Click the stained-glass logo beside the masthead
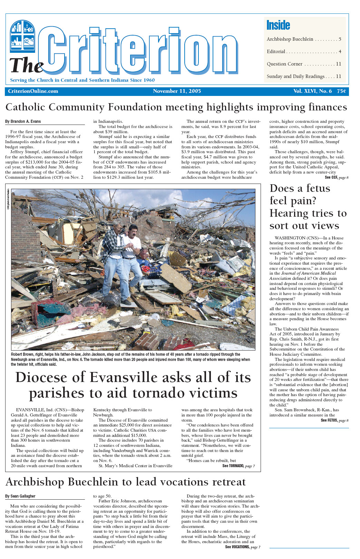[x=22, y=36]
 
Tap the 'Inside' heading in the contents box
[x=278, y=25]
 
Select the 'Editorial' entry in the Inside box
[x=276, y=52]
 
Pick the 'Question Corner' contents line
[x=284, y=64]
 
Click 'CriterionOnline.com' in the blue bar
[x=33, y=91]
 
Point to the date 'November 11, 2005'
[x=177, y=91]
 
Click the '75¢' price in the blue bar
[x=341, y=91]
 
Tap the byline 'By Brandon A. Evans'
[x=23, y=121]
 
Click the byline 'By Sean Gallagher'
[x=20, y=496]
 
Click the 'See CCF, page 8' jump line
[x=337, y=177]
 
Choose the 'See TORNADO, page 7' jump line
[x=239, y=466]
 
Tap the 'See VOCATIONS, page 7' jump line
[x=243, y=547]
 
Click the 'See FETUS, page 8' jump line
[x=334, y=420]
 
